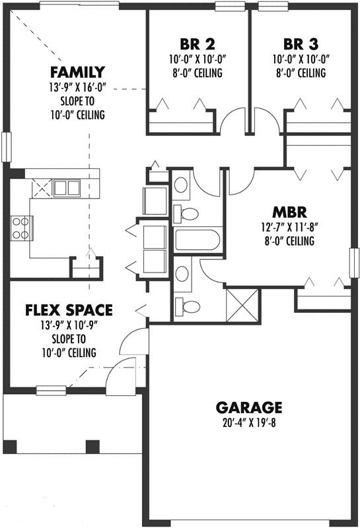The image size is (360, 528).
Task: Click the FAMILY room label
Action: click(x=79, y=72)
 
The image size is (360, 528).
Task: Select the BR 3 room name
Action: click(x=301, y=45)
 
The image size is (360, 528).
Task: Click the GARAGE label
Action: click(x=249, y=407)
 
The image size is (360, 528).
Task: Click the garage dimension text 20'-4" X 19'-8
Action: click(x=249, y=423)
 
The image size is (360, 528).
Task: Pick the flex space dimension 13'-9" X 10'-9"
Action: click(x=69, y=325)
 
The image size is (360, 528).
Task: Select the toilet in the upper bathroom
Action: click(x=188, y=213)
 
